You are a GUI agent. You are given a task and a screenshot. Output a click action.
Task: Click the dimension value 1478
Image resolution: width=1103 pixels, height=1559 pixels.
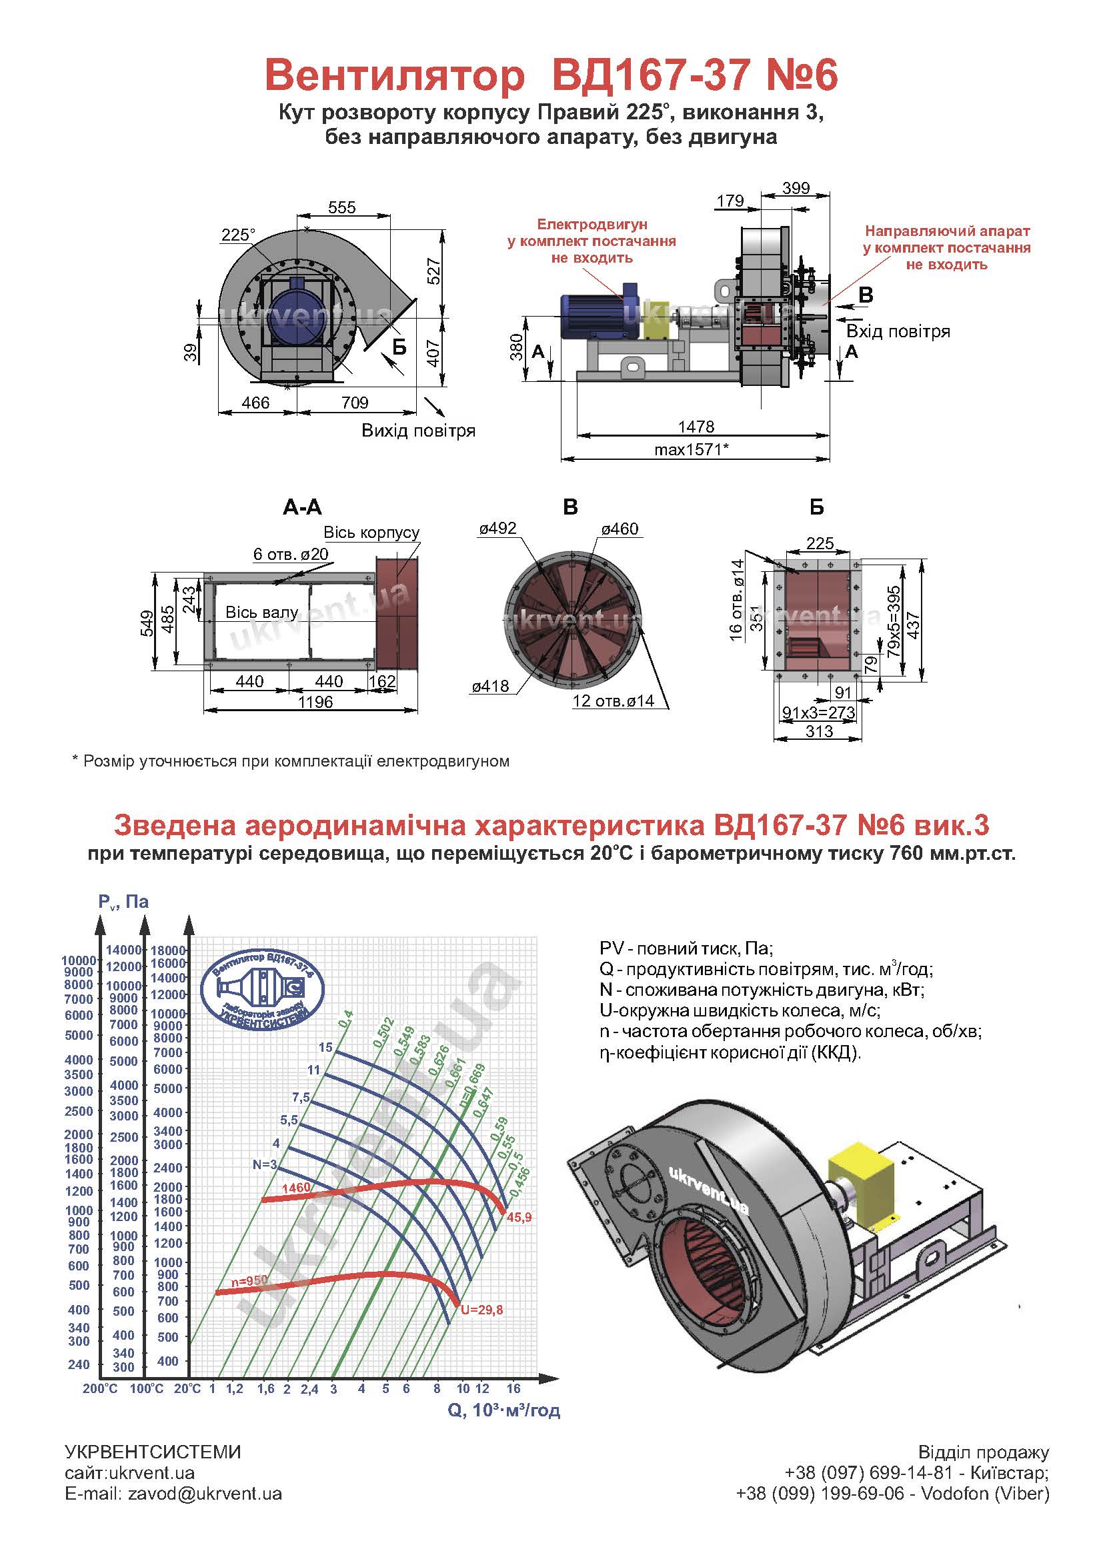[696, 427]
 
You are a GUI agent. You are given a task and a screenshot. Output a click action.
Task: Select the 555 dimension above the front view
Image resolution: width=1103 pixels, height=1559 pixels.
[341, 207]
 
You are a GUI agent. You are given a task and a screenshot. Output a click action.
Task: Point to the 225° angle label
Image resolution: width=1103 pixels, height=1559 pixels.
[237, 235]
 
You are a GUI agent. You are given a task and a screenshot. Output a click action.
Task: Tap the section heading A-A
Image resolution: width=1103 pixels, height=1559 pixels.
[302, 507]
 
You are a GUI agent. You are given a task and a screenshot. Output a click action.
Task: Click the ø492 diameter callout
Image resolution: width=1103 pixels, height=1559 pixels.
[498, 529]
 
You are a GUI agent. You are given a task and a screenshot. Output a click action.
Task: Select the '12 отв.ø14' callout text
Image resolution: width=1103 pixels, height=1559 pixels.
[614, 701]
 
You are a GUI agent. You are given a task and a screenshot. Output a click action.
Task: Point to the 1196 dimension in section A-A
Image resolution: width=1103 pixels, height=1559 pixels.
[315, 702]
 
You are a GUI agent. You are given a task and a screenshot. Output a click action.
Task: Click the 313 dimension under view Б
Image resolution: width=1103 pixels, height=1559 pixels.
[818, 731]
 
